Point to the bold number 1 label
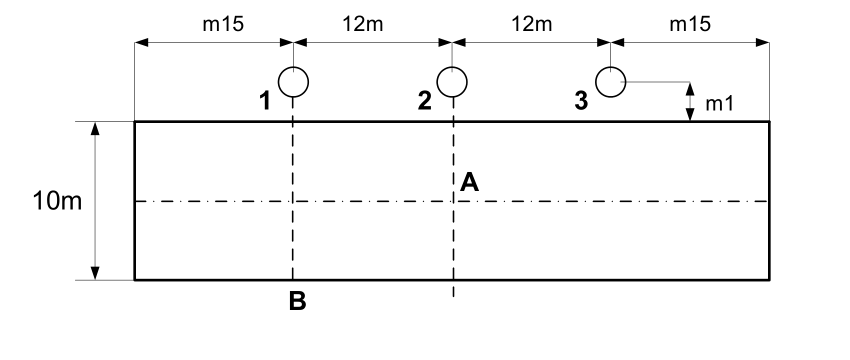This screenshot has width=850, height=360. point(265,101)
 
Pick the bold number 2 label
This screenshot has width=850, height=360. point(424,101)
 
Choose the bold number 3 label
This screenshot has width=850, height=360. point(581,101)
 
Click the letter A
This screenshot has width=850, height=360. point(469,182)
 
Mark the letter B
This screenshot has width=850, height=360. point(298,301)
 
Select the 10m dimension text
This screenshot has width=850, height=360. point(57,201)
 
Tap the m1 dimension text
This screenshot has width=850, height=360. point(720,104)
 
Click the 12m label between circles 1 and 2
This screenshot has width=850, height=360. point(363,24)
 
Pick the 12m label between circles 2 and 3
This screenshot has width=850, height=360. point(531,24)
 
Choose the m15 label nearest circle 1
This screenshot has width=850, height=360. point(223,24)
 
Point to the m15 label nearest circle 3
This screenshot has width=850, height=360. point(690,24)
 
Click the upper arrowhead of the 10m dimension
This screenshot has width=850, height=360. point(95,128)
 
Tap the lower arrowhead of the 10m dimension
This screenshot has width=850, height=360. point(95,273)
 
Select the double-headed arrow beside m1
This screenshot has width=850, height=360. point(690,101)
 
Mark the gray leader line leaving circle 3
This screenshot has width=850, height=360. point(658,82)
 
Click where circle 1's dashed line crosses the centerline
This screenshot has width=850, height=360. point(293,201)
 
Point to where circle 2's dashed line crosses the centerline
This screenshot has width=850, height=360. point(453,201)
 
